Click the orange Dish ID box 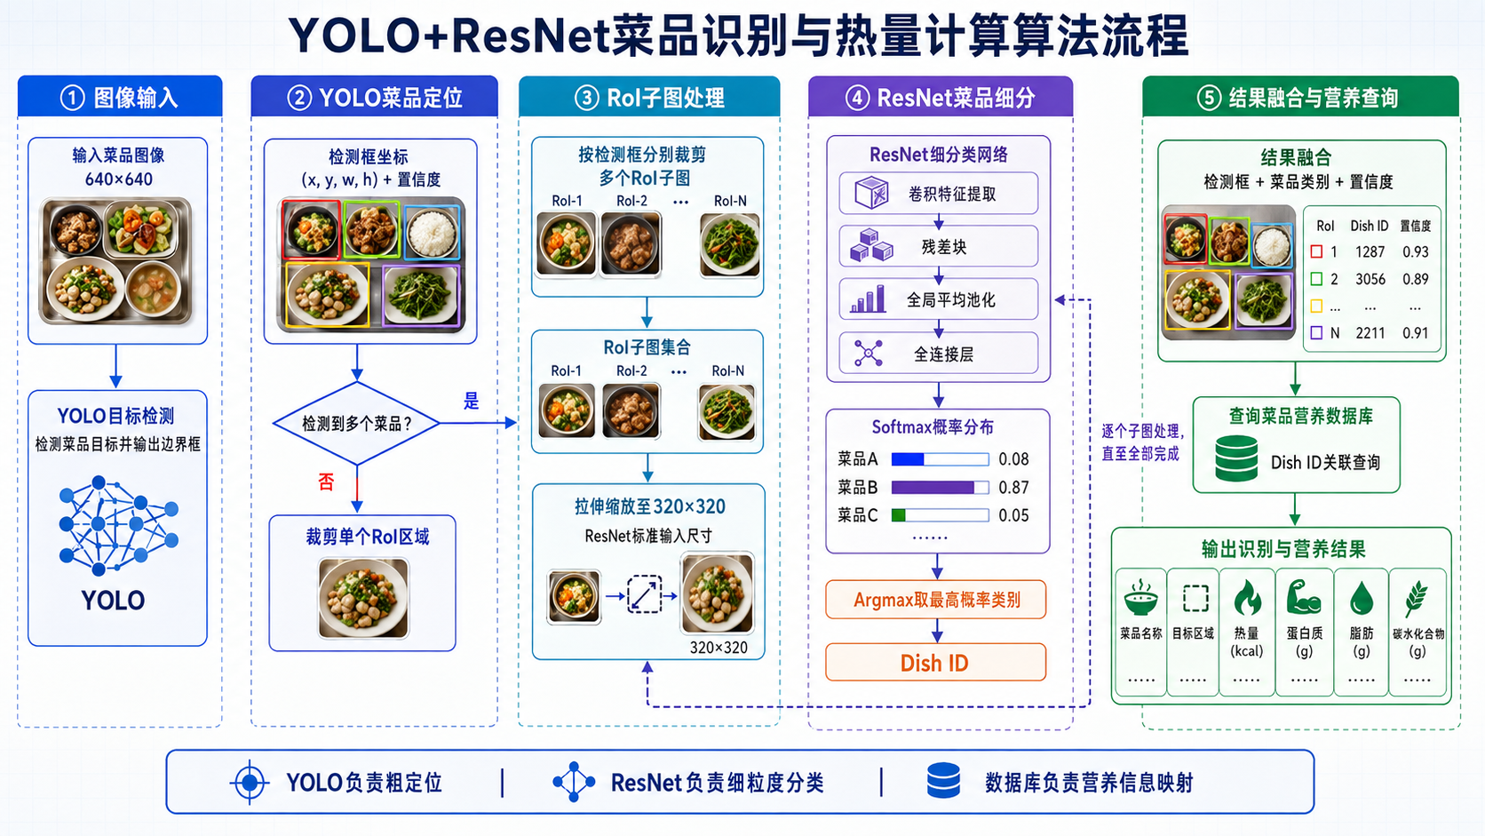click(x=935, y=662)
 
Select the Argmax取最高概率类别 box click(x=935, y=600)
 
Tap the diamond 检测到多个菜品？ click(x=357, y=423)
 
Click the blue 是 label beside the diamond click(x=471, y=401)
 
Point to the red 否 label click(x=326, y=482)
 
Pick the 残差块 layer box click(x=938, y=247)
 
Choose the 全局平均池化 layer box click(x=938, y=299)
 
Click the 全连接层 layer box click(x=938, y=354)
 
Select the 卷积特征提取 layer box click(x=938, y=194)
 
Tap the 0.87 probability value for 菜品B click(x=1013, y=487)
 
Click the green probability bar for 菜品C click(x=898, y=515)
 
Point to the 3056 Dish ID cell click(x=1370, y=279)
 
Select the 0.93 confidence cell click(x=1416, y=252)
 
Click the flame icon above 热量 click(x=1246, y=598)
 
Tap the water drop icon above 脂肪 click(x=1361, y=598)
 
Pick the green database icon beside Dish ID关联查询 click(x=1236, y=458)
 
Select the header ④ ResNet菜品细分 click(x=940, y=98)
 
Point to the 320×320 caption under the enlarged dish click(x=719, y=648)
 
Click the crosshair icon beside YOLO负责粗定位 click(x=250, y=783)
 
